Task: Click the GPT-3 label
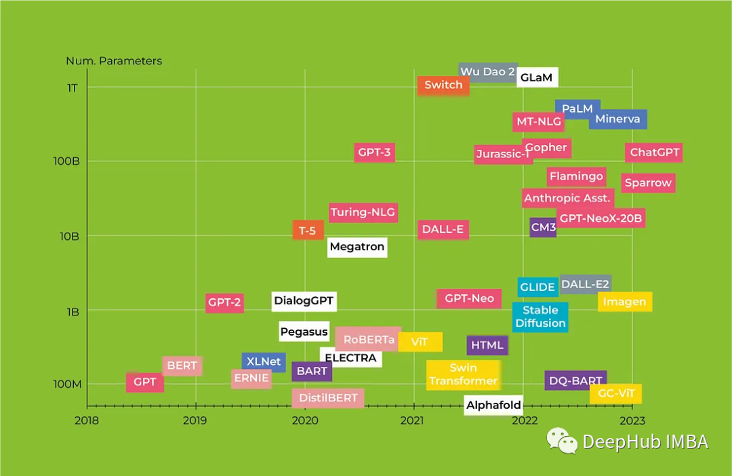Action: (375, 153)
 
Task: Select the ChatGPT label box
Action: (654, 153)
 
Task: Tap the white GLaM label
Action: (536, 77)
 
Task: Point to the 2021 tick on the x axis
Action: (413, 420)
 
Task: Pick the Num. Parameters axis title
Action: (114, 61)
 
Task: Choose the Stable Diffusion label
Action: (540, 317)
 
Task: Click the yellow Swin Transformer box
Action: (463, 374)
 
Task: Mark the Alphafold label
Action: (493, 405)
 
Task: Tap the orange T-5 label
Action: (308, 231)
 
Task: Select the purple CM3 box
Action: (543, 227)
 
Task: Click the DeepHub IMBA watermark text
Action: (645, 442)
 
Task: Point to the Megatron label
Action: (357, 247)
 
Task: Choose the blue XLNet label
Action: (264, 361)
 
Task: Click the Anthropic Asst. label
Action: (568, 198)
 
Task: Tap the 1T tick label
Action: (73, 87)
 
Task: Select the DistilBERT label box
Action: (328, 398)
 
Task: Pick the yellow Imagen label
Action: (625, 302)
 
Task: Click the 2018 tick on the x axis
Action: (87, 420)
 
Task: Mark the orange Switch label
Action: (443, 85)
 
